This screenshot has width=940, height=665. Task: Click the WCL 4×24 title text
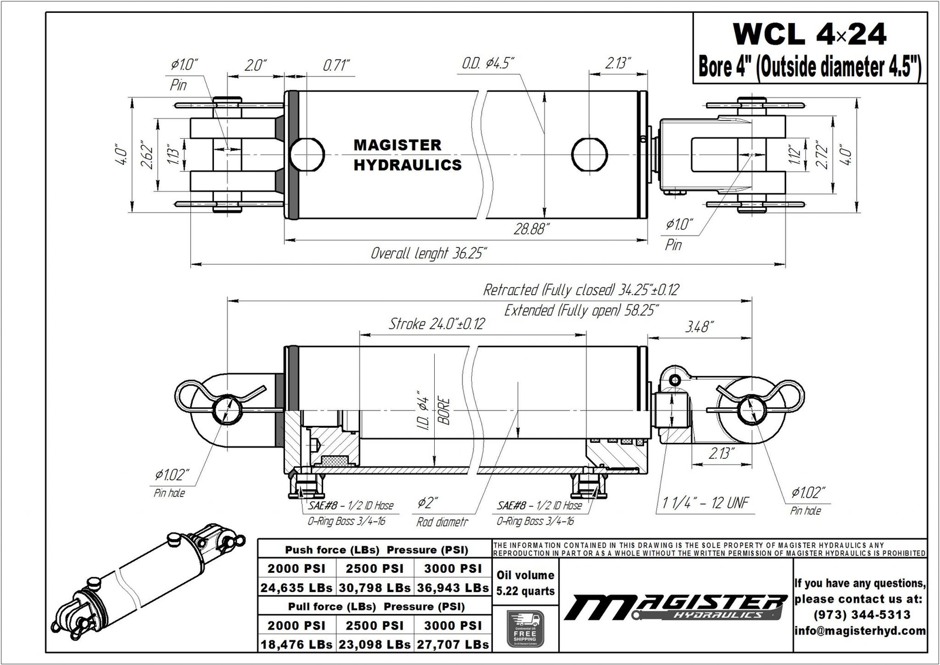tap(810, 35)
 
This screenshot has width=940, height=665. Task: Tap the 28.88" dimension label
tap(532, 229)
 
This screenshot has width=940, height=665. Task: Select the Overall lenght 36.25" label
tap(429, 253)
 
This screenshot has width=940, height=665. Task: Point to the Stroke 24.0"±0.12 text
tap(437, 324)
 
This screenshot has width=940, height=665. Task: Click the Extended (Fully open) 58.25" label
tap(580, 310)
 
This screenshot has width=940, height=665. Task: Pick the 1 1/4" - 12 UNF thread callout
tap(706, 503)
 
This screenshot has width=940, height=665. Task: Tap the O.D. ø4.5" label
tap(488, 63)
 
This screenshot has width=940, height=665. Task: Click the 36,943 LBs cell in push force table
tap(453, 587)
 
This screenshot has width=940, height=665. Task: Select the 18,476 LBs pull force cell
tap(296, 644)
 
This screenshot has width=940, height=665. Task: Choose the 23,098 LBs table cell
tap(375, 644)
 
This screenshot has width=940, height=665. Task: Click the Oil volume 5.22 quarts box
tap(525, 583)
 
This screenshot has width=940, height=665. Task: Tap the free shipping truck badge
tap(525, 629)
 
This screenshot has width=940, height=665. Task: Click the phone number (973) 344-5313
tap(861, 614)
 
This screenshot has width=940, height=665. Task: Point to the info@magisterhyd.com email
tap(861, 631)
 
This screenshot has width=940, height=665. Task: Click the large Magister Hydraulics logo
tap(676, 607)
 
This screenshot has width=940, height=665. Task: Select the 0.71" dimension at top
tap(337, 65)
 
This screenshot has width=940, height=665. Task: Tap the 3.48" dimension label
tap(699, 327)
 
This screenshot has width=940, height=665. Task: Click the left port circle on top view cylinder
tap(307, 153)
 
